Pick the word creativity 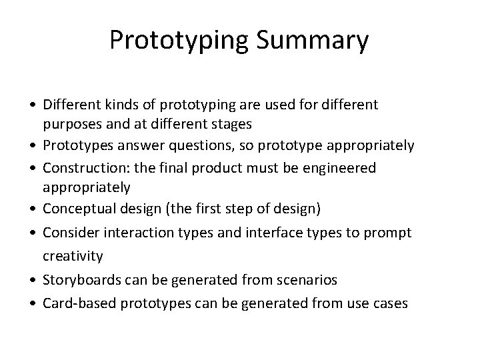[x=73, y=256]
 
